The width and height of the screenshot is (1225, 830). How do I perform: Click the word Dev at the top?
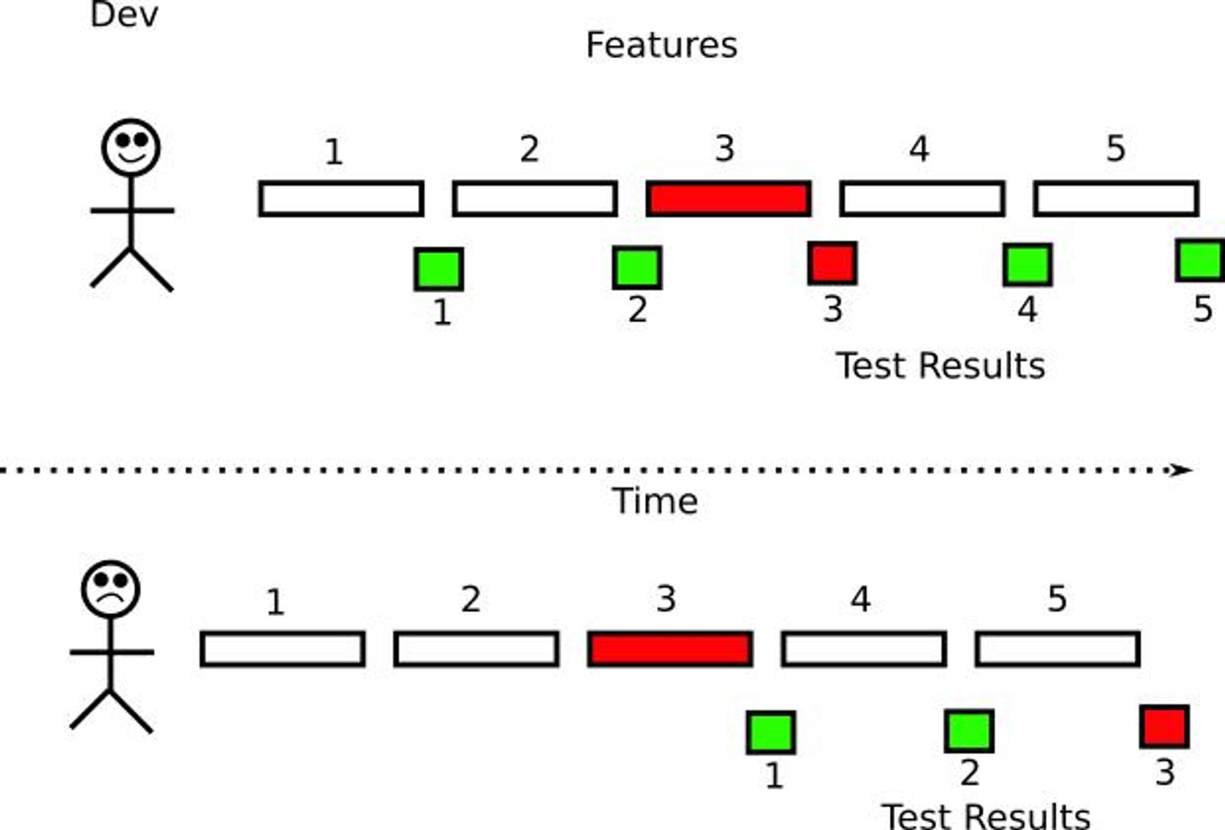[123, 15]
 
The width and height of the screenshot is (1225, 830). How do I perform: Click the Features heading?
[661, 45]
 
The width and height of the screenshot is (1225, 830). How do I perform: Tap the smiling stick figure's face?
[131, 147]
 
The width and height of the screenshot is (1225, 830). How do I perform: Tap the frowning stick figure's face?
[110, 590]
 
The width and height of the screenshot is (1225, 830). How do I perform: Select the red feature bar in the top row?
[728, 199]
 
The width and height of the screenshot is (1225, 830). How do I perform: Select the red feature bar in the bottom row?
[670, 649]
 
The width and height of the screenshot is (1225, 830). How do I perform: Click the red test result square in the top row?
[832, 263]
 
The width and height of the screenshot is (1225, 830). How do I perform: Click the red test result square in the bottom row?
[1164, 726]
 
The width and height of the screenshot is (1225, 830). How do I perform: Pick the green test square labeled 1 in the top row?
[439, 269]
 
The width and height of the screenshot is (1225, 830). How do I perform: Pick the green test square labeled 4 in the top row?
[1027, 265]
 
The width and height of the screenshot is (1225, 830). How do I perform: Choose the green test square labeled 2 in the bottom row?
[969, 731]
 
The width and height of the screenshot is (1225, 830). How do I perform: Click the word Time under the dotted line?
[655, 502]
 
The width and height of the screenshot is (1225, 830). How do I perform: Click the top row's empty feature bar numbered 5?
[1116, 199]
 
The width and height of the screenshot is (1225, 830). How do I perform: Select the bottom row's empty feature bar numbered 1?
[283, 649]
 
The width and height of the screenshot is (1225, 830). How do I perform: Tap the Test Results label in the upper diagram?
[940, 366]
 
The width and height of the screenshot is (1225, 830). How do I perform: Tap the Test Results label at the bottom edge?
[985, 815]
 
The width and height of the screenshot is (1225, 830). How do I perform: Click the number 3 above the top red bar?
[724, 148]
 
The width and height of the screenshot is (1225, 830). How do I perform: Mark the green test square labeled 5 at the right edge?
[1200, 260]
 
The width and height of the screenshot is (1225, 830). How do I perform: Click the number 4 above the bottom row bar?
[861, 599]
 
